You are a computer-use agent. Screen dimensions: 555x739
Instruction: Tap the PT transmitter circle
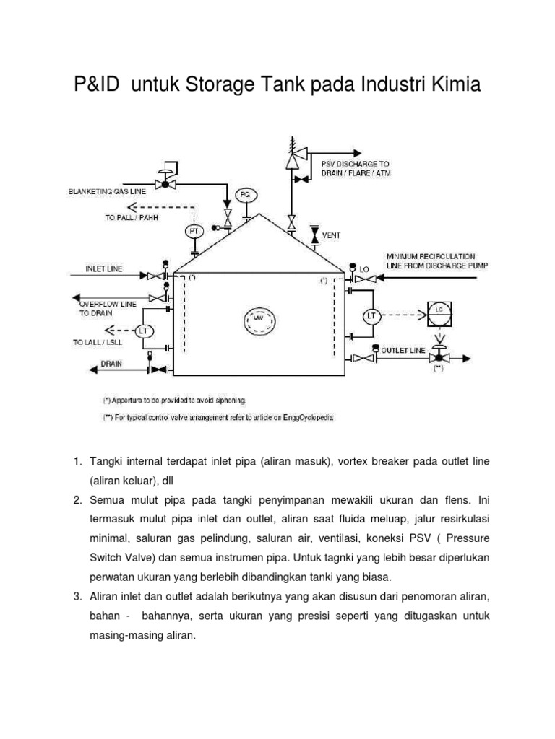[194, 231]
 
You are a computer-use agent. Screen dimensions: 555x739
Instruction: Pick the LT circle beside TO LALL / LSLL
[142, 331]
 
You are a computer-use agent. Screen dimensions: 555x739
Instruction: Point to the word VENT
[331, 235]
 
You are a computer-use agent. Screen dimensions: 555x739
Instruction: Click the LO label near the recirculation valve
[364, 268]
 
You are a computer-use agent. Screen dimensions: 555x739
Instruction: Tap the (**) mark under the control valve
[439, 369]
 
